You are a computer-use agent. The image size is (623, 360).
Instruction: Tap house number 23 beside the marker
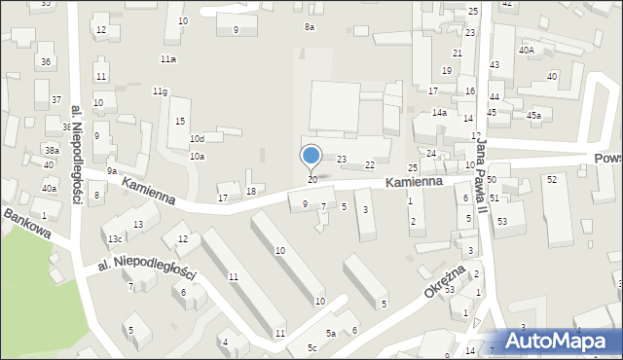tap(342, 159)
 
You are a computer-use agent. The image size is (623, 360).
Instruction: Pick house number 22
tap(370, 165)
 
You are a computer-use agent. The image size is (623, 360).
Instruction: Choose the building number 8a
tap(310, 27)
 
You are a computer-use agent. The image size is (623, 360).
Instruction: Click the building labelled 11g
tap(160, 91)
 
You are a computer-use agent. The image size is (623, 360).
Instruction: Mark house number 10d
tap(197, 139)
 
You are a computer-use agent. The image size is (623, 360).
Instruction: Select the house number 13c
tap(115, 239)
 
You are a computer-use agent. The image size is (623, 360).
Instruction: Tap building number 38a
tap(52, 150)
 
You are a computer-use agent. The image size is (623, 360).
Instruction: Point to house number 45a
tap(533, 116)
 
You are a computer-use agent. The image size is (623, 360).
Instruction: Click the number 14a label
tap(440, 113)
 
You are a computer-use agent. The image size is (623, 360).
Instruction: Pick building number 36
tap(45, 62)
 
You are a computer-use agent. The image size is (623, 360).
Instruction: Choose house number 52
tap(552, 180)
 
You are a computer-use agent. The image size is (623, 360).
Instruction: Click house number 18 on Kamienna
tap(251, 191)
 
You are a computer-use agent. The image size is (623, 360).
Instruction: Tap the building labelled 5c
tap(312, 347)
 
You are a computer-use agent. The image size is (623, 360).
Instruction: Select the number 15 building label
tap(180, 121)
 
